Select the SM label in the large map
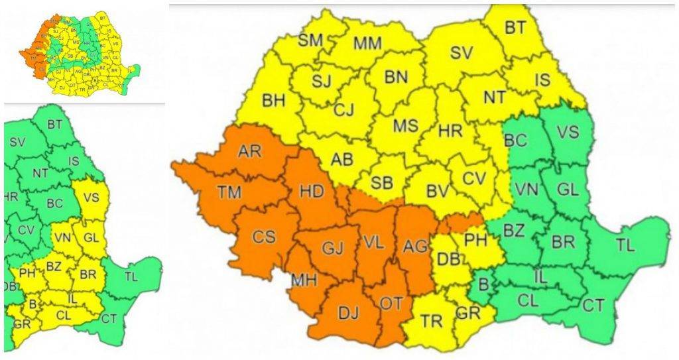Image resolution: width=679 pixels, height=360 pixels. click(x=310, y=40)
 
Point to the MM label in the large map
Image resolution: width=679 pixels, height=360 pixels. click(x=367, y=44)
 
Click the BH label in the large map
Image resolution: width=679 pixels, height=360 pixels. click(x=273, y=101)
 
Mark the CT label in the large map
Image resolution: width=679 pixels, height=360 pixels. click(x=593, y=306)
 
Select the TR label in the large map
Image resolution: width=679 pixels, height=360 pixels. click(x=432, y=322)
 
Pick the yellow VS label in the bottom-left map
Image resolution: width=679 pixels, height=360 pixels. click(x=92, y=197)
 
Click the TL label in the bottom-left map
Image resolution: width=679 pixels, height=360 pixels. click(x=131, y=276)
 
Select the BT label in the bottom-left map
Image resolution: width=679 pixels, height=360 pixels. click(x=55, y=124)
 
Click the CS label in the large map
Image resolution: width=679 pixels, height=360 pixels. click(x=265, y=236)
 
